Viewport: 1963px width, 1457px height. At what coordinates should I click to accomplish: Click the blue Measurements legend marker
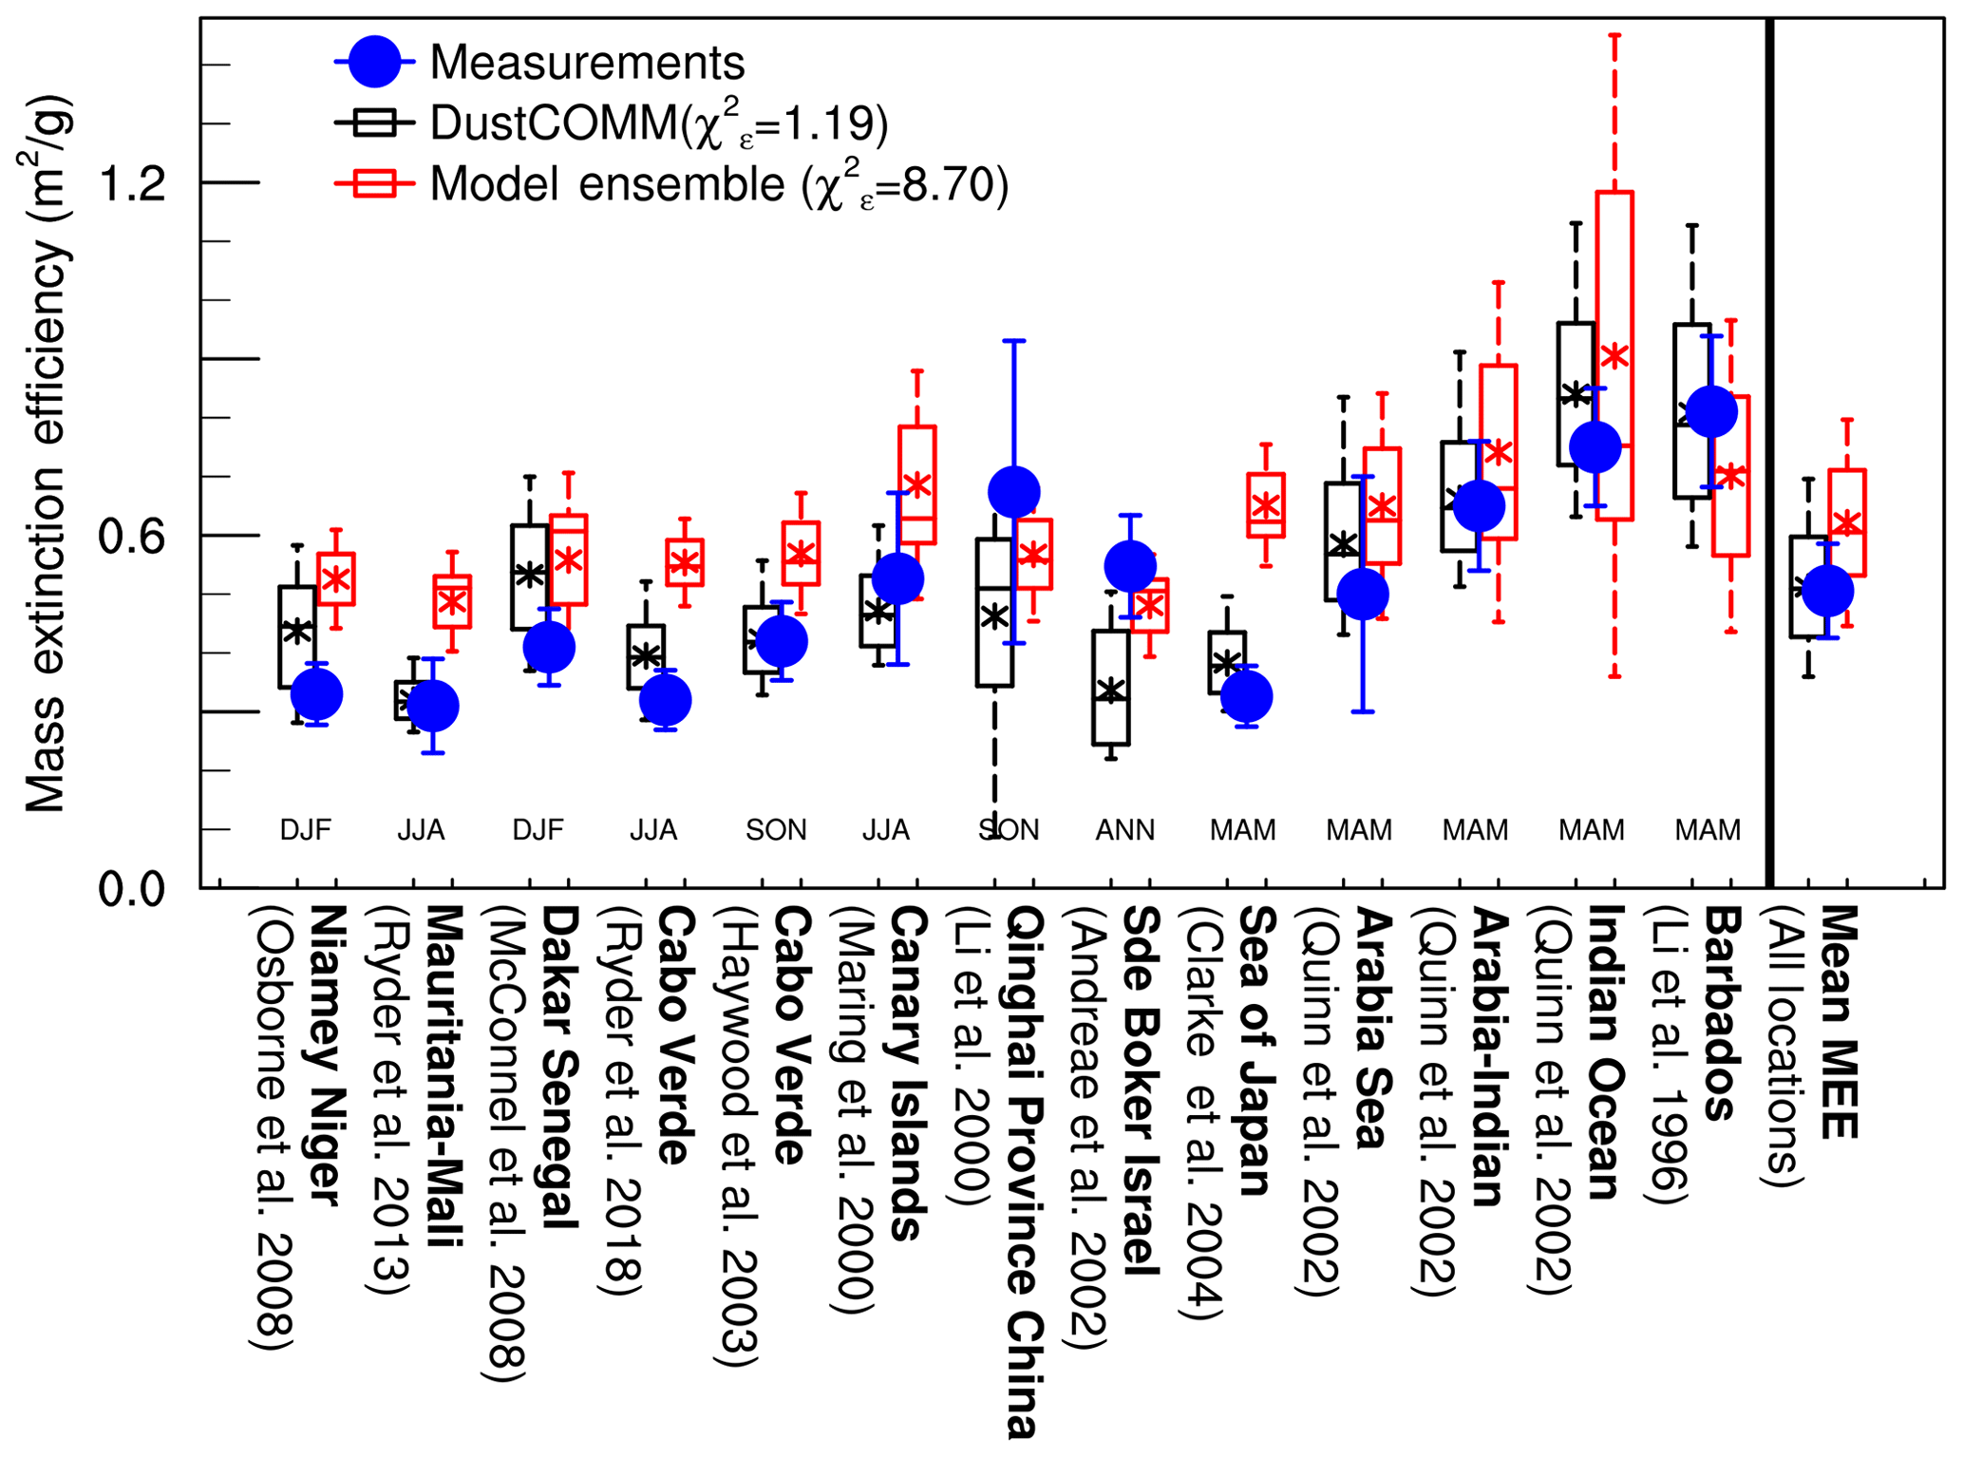coord(374,64)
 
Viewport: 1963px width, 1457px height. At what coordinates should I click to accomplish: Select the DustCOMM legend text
coord(658,124)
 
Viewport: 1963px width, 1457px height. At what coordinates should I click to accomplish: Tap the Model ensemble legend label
coord(718,184)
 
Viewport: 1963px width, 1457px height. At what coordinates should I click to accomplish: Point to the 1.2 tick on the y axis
coord(132,182)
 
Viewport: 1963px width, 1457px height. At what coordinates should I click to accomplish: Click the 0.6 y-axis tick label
coord(132,537)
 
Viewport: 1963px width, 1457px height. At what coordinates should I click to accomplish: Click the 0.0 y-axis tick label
coord(132,890)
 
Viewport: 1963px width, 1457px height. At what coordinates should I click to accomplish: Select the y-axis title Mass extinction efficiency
coord(45,454)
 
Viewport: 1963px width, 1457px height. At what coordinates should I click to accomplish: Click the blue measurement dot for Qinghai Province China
coord(1013,492)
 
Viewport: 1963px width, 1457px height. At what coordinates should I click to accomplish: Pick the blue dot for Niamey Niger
coord(316,694)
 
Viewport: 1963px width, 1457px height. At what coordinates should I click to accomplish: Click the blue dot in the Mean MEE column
coord(1827,591)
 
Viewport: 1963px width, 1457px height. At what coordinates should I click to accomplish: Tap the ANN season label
coord(1125,831)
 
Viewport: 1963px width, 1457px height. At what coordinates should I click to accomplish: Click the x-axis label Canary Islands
coord(907,1073)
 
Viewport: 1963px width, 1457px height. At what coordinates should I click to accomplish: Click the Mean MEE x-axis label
coord(1838,1022)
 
